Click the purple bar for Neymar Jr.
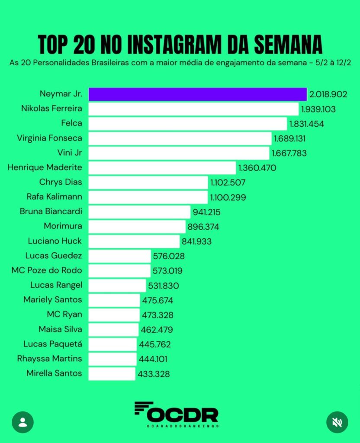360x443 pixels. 197,94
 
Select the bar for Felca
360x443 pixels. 188,124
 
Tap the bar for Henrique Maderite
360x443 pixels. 162,168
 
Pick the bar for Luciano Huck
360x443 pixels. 134,241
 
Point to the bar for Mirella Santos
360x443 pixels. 112,374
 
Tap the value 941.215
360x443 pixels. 209,212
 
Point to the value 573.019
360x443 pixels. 167,271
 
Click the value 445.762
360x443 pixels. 155,344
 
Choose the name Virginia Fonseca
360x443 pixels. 49,138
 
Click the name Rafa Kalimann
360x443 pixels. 54,197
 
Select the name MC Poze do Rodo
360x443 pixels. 47,270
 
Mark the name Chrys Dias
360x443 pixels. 61,182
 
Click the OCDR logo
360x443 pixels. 176,414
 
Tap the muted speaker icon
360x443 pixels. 337,422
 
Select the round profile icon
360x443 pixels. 23,422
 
